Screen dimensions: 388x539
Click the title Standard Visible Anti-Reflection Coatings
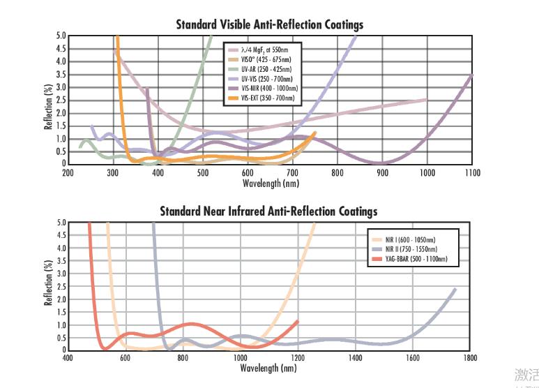tap(269, 25)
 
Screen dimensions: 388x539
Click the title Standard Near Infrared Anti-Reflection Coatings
tap(268, 211)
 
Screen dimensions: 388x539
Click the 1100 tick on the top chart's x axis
tap(472, 172)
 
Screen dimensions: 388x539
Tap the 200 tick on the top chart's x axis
tap(68, 172)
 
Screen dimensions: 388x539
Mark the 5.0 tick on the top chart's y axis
tap(61, 36)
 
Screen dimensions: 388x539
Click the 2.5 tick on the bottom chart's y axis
tap(61, 287)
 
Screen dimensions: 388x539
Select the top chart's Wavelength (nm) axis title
tap(271, 183)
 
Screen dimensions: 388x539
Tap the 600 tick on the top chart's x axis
tap(248, 172)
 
